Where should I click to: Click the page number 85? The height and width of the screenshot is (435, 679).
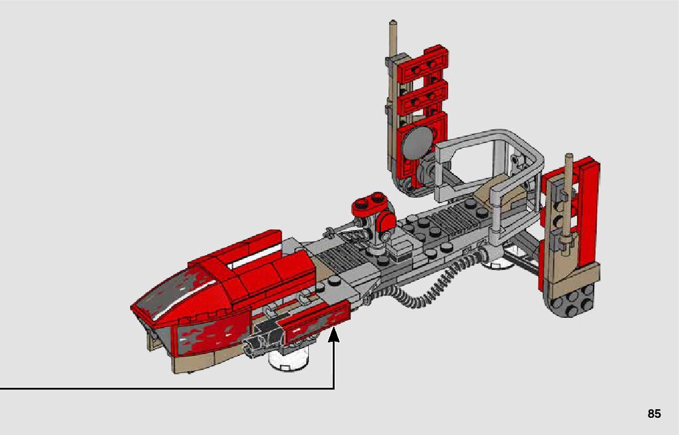click(x=654, y=414)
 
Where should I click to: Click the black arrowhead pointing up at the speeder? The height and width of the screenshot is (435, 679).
click(x=334, y=334)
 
